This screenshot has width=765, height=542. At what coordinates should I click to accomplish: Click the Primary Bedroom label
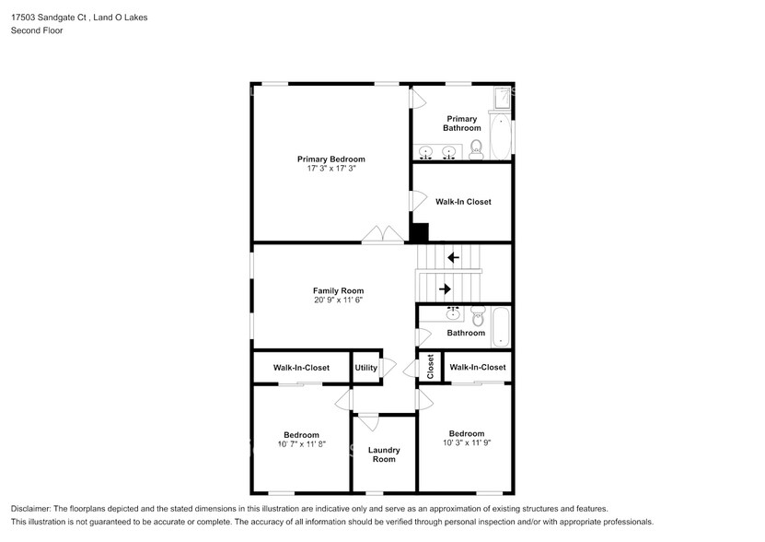pos(330,159)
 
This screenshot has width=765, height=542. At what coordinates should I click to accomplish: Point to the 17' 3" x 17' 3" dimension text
pos(330,169)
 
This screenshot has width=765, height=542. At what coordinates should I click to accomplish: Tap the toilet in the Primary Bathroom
pos(475,150)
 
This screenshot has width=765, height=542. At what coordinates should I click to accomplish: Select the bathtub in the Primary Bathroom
pos(500,136)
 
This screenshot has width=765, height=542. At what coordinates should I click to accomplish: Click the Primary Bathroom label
pos(462,123)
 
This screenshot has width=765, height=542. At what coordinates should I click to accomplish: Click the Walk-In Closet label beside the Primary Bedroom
pos(463,202)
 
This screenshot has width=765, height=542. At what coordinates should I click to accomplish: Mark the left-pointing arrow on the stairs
pos(452,257)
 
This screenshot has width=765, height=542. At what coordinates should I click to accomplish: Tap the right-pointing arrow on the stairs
pos(446,289)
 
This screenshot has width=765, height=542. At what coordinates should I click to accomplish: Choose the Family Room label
pos(331,290)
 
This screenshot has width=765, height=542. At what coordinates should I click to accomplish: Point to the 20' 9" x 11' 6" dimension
pos(331,300)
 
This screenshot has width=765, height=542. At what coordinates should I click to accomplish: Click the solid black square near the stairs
pos(420,233)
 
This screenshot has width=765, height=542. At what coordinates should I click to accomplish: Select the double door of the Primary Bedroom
pos(381,235)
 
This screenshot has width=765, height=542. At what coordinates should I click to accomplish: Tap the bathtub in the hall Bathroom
pos(501,326)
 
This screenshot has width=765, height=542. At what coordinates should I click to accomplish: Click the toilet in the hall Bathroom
pos(477,319)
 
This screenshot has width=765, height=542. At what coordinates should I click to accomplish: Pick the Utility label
pos(365,368)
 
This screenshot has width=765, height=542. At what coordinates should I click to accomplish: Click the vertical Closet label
pos(430,366)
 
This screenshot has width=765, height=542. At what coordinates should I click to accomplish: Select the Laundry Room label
pos(384,454)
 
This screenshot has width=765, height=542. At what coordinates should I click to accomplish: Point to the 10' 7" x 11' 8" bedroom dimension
pos(301,444)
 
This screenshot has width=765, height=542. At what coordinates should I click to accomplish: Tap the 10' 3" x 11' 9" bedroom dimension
pos(467,442)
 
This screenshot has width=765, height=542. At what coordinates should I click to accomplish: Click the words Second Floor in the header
pos(38,30)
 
